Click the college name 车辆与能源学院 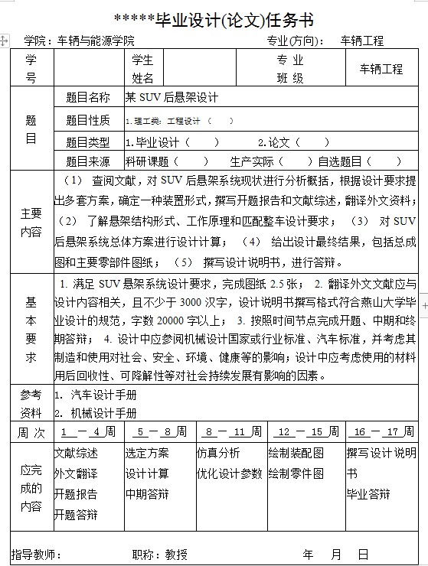[96, 41]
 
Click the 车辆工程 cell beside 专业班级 [381, 69]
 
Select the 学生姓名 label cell [142, 69]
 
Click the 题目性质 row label [88, 120]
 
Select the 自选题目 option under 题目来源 [340, 161]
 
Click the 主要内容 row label [31, 223]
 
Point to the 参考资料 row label [31, 404]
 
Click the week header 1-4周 [89, 432]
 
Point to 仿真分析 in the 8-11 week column [218, 452]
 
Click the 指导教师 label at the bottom [31, 554]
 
